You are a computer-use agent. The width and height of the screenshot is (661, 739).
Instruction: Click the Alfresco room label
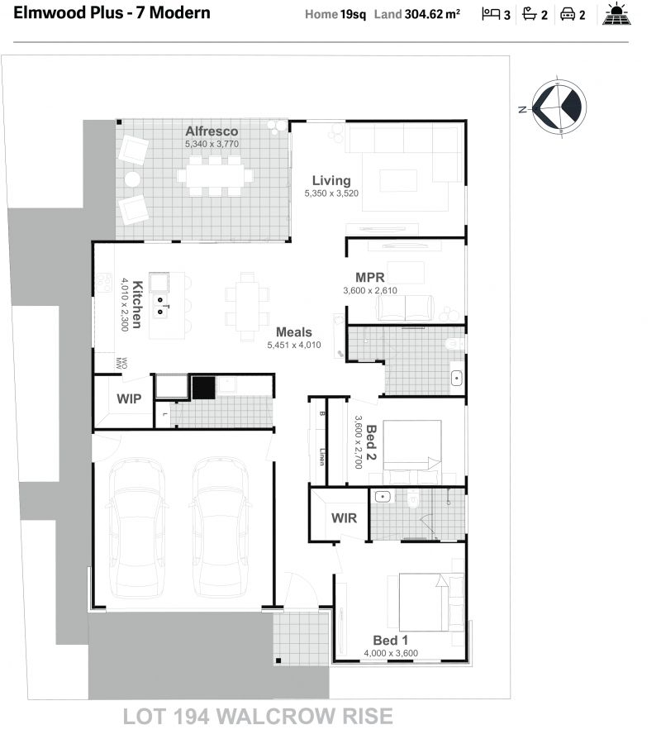[212, 131]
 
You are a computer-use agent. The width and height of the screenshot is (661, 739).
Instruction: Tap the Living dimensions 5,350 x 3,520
[331, 193]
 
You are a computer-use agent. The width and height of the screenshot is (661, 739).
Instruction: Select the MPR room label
[370, 278]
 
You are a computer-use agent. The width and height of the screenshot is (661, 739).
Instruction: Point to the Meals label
[294, 331]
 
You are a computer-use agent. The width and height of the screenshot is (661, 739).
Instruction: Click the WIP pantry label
[129, 398]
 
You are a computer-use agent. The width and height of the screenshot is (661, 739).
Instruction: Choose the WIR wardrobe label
[344, 518]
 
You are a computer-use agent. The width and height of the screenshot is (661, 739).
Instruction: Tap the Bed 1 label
[390, 640]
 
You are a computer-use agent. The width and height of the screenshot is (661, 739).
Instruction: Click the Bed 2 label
[371, 442]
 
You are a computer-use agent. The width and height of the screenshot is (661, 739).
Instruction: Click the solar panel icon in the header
[616, 14]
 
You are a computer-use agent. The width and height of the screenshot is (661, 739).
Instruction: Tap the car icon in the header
[568, 15]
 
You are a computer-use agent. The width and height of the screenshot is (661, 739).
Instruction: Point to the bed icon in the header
[491, 14]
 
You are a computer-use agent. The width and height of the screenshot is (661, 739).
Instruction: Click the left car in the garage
[137, 528]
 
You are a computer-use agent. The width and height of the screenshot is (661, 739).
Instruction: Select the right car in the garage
[221, 528]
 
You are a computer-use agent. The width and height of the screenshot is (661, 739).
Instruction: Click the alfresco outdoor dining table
[215, 176]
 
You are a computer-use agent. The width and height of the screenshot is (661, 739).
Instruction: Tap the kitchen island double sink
[160, 305]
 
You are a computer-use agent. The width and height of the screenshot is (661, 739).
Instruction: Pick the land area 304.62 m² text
[432, 14]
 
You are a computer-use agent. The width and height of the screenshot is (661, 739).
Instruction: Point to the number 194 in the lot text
[192, 717]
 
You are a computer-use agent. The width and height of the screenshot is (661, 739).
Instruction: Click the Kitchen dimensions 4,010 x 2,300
[125, 304]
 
